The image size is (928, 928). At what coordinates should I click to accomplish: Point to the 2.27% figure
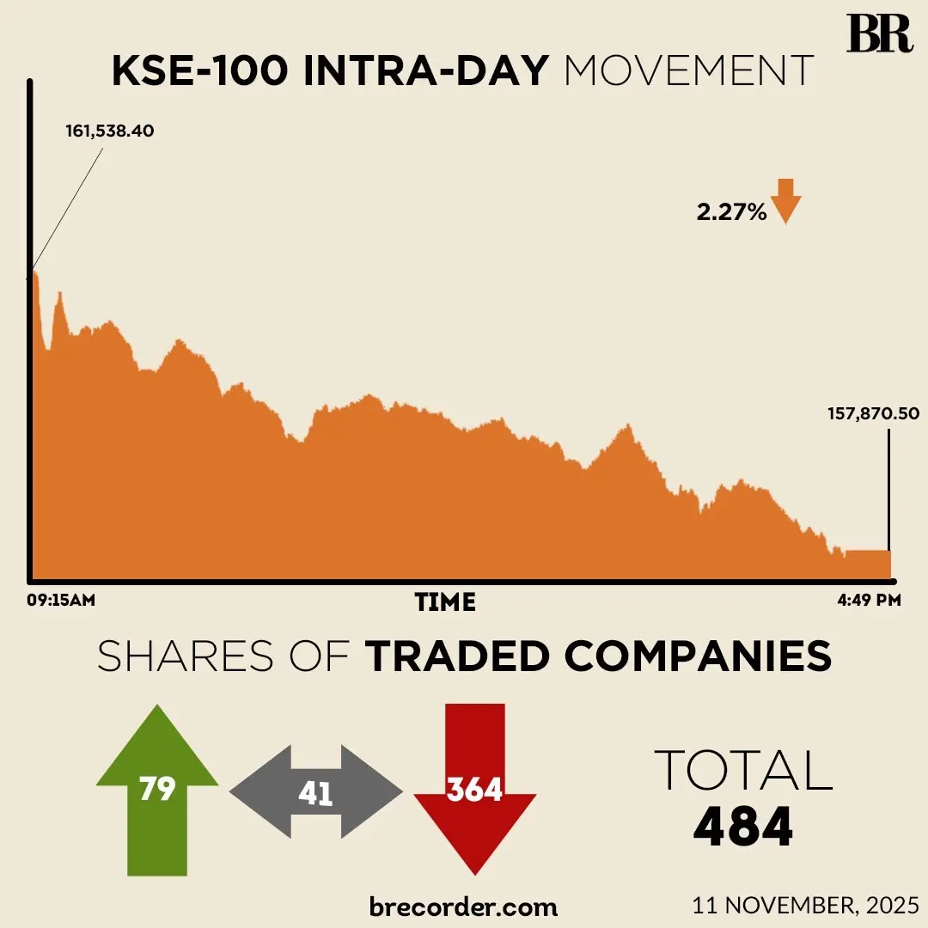pos(731,212)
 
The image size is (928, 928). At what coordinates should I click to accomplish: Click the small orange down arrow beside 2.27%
pos(785,201)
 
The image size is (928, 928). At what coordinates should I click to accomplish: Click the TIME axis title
pos(445,602)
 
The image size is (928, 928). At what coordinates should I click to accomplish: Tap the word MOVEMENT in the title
pos(688,71)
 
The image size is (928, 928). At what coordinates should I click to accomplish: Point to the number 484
pos(743,827)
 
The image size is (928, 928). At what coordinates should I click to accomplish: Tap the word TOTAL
pos(743,770)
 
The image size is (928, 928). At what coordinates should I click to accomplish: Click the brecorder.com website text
pos(463,906)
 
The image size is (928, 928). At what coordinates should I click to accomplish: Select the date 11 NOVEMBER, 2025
pos(805,905)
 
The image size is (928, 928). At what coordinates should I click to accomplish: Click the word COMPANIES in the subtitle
pos(698,656)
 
